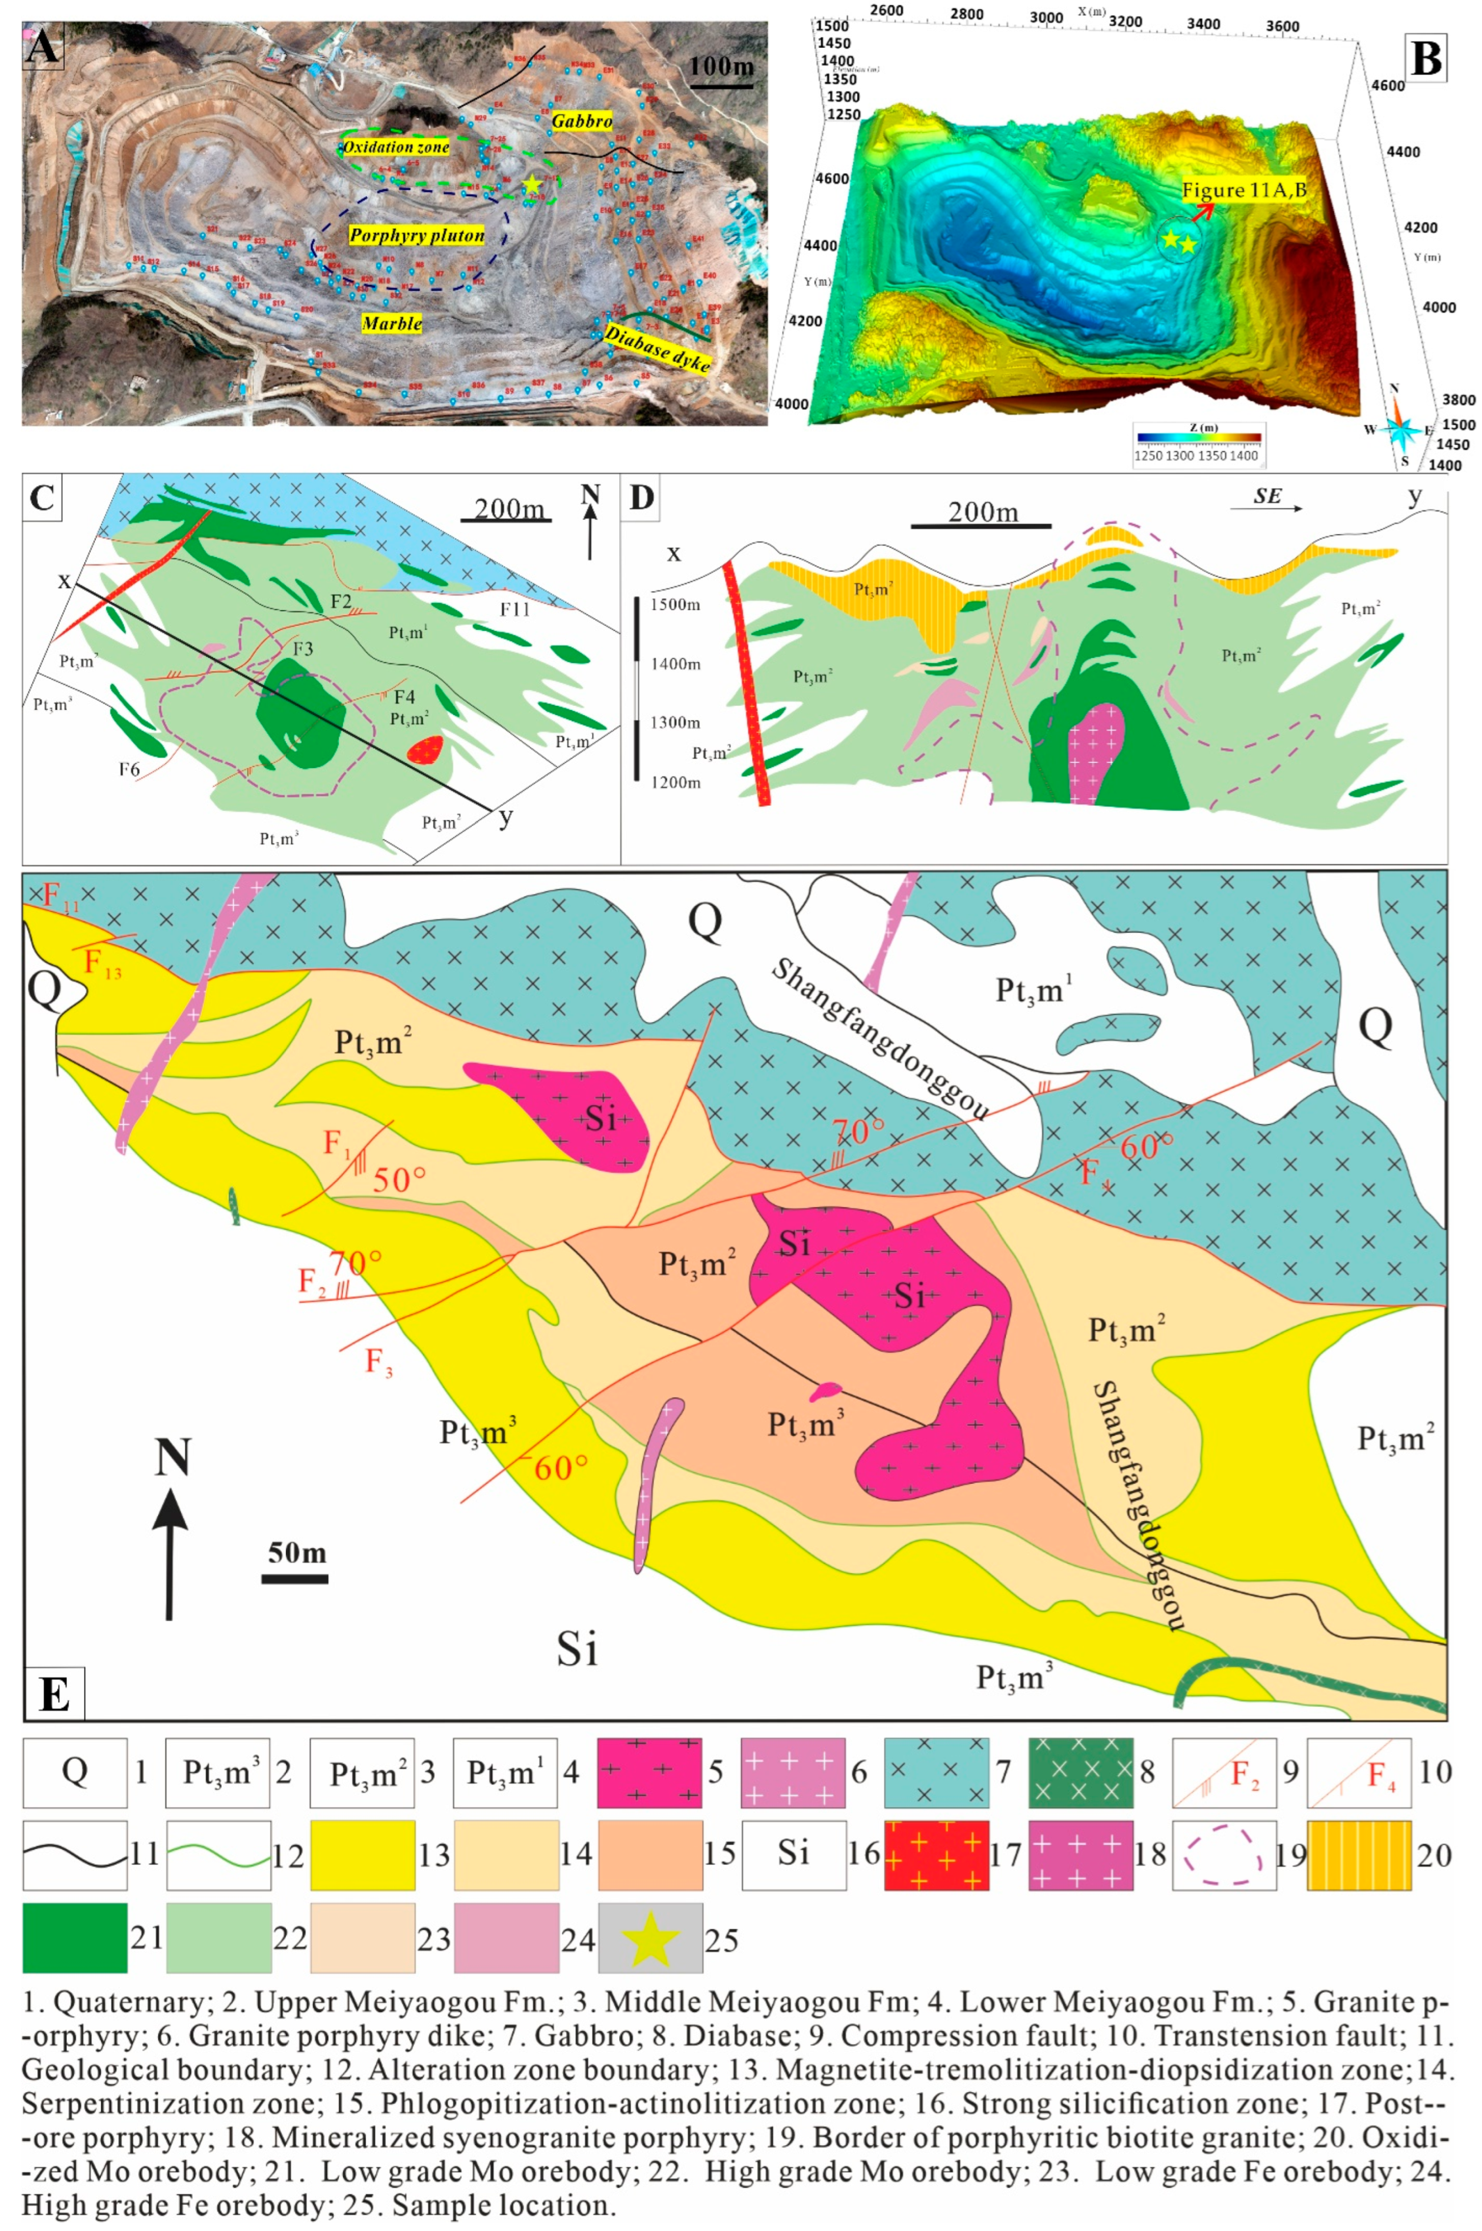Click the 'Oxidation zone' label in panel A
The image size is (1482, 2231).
395,148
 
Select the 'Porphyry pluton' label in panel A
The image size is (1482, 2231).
417,235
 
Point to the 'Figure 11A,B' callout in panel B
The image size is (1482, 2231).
1244,190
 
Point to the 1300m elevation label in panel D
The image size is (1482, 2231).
675,723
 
